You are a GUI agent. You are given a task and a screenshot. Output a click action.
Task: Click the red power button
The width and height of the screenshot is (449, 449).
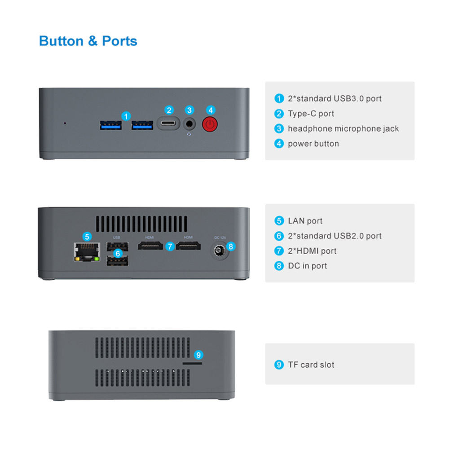(x=210, y=124)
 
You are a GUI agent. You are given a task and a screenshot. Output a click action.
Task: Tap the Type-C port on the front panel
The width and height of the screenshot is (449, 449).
(x=168, y=123)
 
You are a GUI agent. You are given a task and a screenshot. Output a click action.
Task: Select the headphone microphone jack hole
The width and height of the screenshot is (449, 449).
(x=189, y=124)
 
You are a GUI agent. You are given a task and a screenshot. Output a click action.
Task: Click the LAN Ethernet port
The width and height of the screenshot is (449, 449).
(x=87, y=252)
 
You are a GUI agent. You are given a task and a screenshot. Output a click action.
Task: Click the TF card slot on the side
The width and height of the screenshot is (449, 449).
(x=192, y=363)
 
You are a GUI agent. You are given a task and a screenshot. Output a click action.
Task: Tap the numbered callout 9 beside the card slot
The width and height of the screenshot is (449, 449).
(x=198, y=355)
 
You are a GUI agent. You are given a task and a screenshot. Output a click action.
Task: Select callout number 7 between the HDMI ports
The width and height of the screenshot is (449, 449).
(x=170, y=246)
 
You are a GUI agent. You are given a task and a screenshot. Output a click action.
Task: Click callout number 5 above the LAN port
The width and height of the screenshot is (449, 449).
(x=87, y=237)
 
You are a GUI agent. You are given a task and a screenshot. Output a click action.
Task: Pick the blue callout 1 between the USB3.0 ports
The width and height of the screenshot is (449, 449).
(x=126, y=116)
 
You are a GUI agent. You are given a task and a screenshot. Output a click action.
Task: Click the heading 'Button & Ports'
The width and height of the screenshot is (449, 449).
(x=88, y=41)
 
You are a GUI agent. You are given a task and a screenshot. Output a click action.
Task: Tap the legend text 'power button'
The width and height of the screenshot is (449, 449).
(x=313, y=144)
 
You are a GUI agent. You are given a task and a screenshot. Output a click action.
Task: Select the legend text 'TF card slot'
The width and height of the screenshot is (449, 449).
(x=311, y=365)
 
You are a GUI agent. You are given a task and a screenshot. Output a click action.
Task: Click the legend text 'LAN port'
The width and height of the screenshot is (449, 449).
(x=305, y=221)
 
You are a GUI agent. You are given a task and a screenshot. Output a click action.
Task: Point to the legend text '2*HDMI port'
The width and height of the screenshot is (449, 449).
(x=312, y=251)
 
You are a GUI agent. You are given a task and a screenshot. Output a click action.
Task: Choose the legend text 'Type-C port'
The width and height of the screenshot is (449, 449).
(x=311, y=114)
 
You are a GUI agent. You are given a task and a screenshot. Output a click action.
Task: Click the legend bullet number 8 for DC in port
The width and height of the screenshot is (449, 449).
(x=279, y=266)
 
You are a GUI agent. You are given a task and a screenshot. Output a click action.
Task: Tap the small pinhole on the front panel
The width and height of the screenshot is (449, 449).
(x=65, y=123)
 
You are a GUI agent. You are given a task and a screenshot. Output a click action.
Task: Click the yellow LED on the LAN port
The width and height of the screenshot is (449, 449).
(x=77, y=259)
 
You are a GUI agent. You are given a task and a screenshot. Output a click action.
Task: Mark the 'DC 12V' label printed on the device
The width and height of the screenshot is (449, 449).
(x=220, y=238)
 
